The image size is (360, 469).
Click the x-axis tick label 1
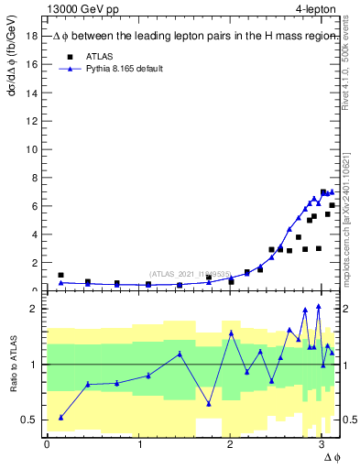tap(138, 445)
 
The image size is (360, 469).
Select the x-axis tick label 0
tap(47, 445)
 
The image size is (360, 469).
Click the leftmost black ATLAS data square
tap(60, 275)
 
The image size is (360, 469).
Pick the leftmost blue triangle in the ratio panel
tap(60, 417)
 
